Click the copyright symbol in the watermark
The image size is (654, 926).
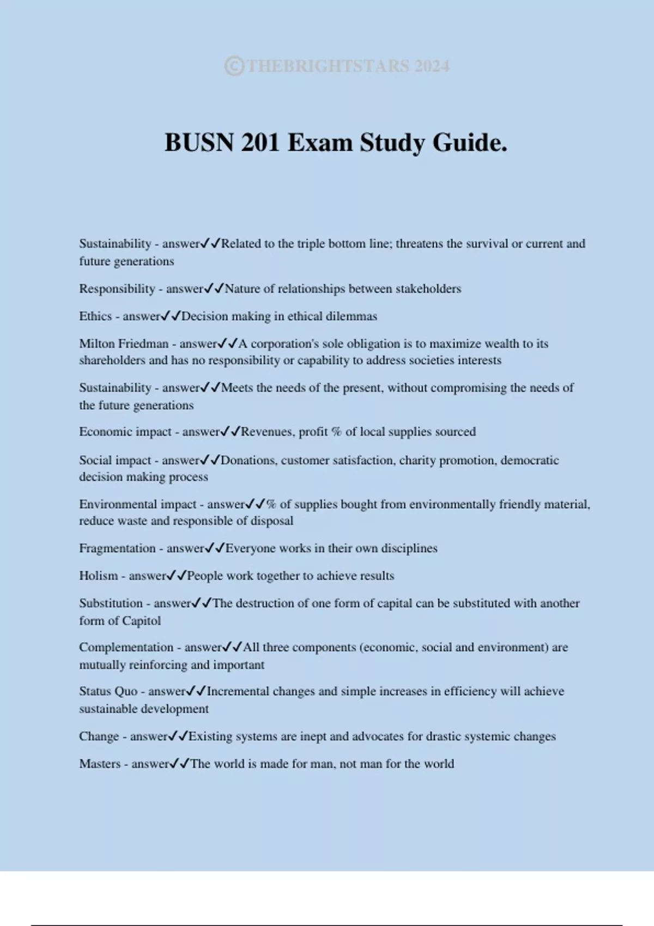point(234,66)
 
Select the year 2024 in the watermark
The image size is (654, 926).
point(432,66)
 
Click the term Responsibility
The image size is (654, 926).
point(117,289)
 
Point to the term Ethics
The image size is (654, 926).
point(95,316)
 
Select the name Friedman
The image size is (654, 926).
point(143,344)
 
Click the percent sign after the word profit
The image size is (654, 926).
point(336,432)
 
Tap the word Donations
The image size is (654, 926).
point(248,460)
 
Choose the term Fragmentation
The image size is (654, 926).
point(117,548)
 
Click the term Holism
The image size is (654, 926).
point(98,576)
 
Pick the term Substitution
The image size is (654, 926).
point(111,603)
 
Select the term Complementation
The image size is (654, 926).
point(126,647)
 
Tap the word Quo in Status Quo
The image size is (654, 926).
point(126,691)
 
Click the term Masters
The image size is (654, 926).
point(100,764)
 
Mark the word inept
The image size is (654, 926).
point(313,736)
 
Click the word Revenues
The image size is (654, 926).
point(267,432)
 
